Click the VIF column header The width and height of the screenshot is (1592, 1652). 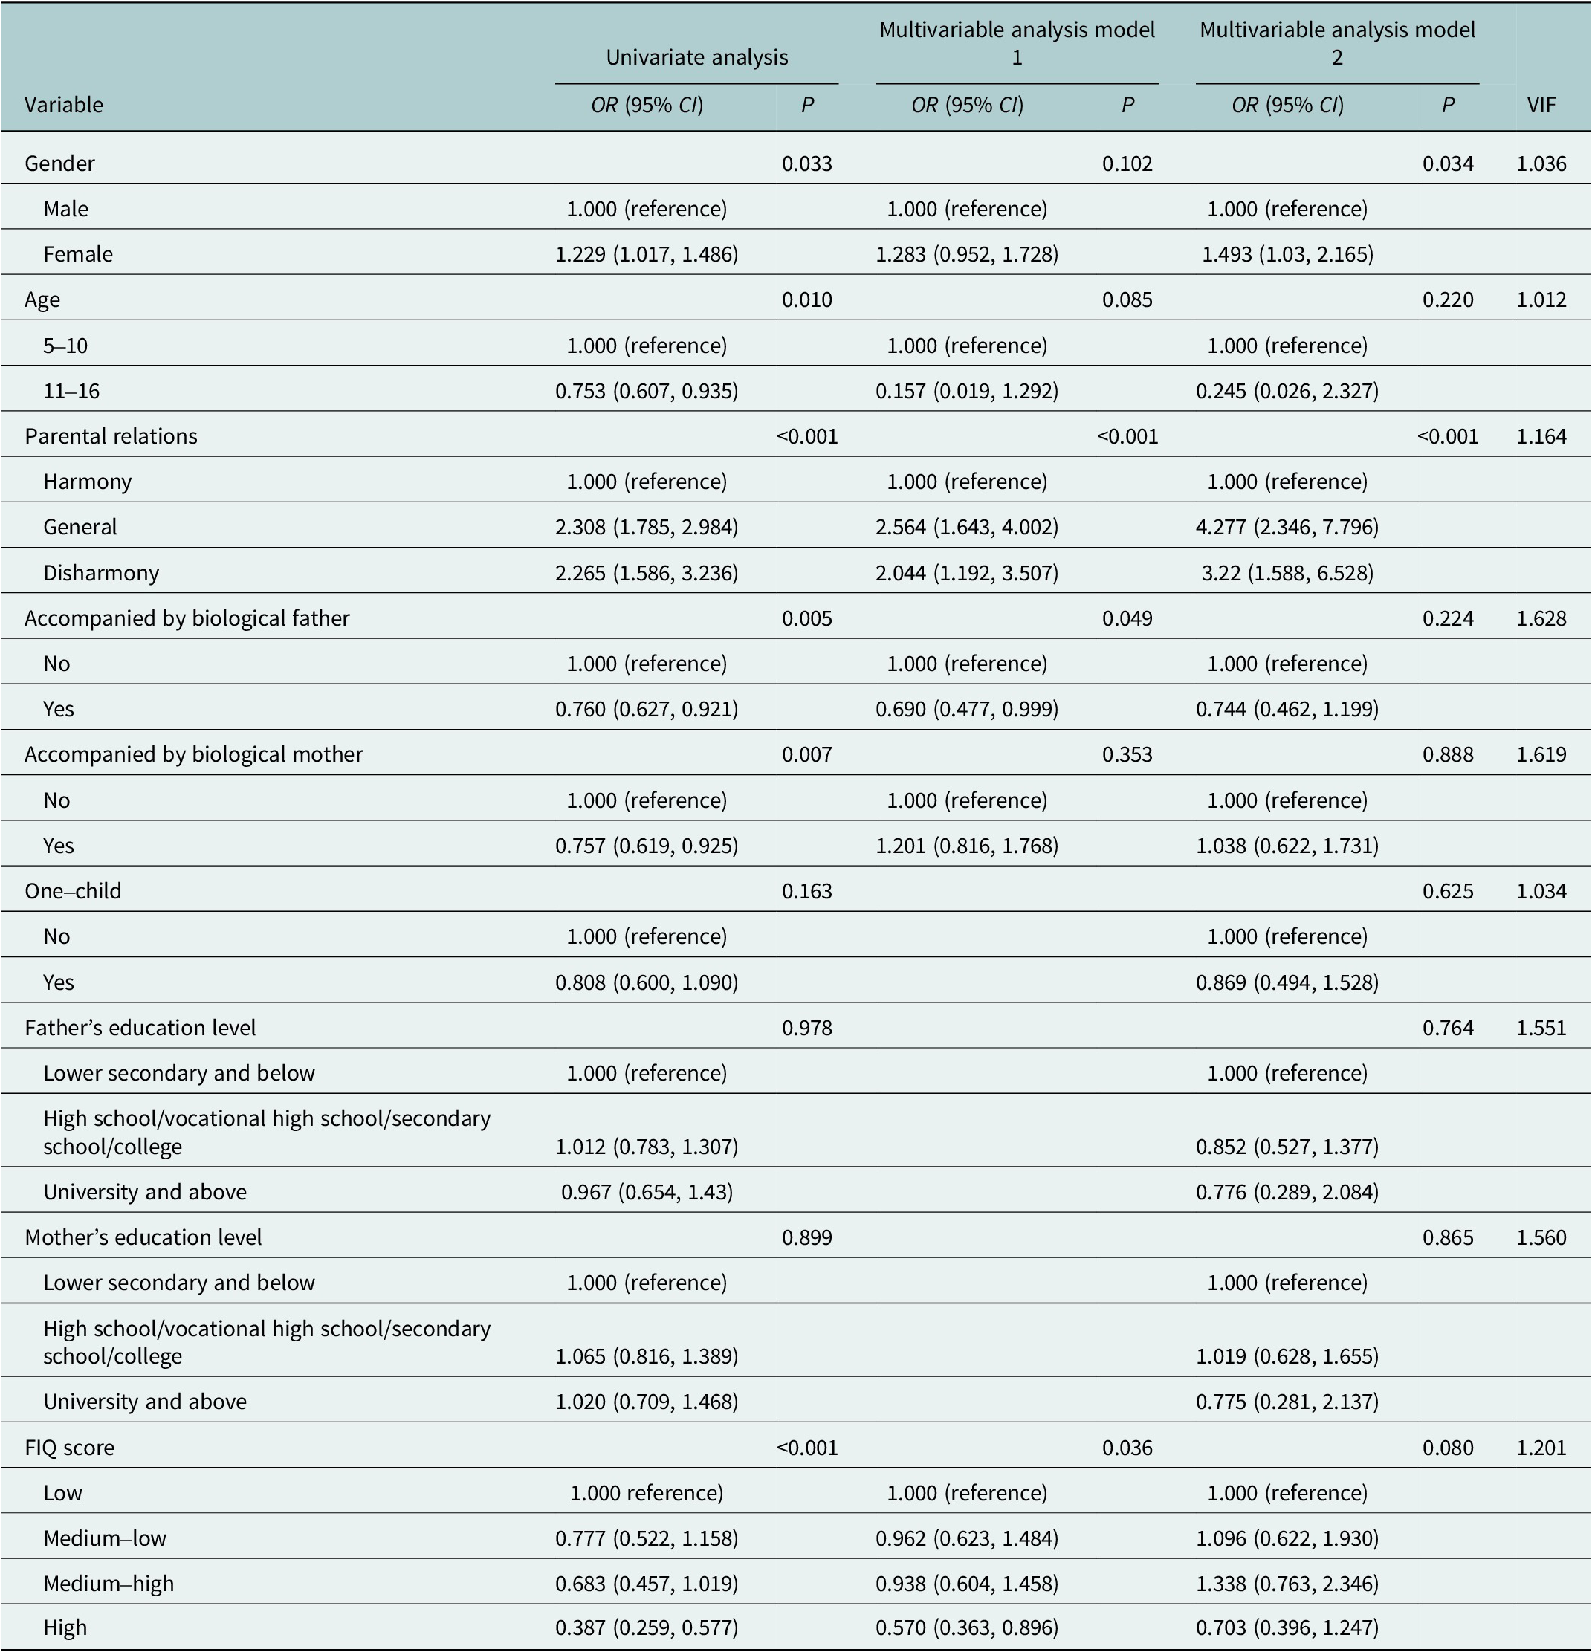click(x=1541, y=105)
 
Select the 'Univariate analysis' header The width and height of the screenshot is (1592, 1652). click(x=697, y=57)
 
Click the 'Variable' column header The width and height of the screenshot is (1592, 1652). click(x=64, y=105)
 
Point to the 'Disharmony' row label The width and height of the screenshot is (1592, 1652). click(x=101, y=572)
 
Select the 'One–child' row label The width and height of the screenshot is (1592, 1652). click(x=74, y=891)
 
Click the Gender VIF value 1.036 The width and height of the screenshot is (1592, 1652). click(x=1541, y=163)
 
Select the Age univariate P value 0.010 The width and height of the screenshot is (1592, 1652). click(x=806, y=300)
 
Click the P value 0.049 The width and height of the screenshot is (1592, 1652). click(x=1127, y=618)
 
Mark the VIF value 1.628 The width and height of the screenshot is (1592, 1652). click(x=1541, y=618)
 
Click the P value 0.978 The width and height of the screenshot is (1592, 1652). click(x=806, y=1028)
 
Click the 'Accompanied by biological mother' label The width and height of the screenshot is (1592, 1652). click(x=194, y=754)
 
